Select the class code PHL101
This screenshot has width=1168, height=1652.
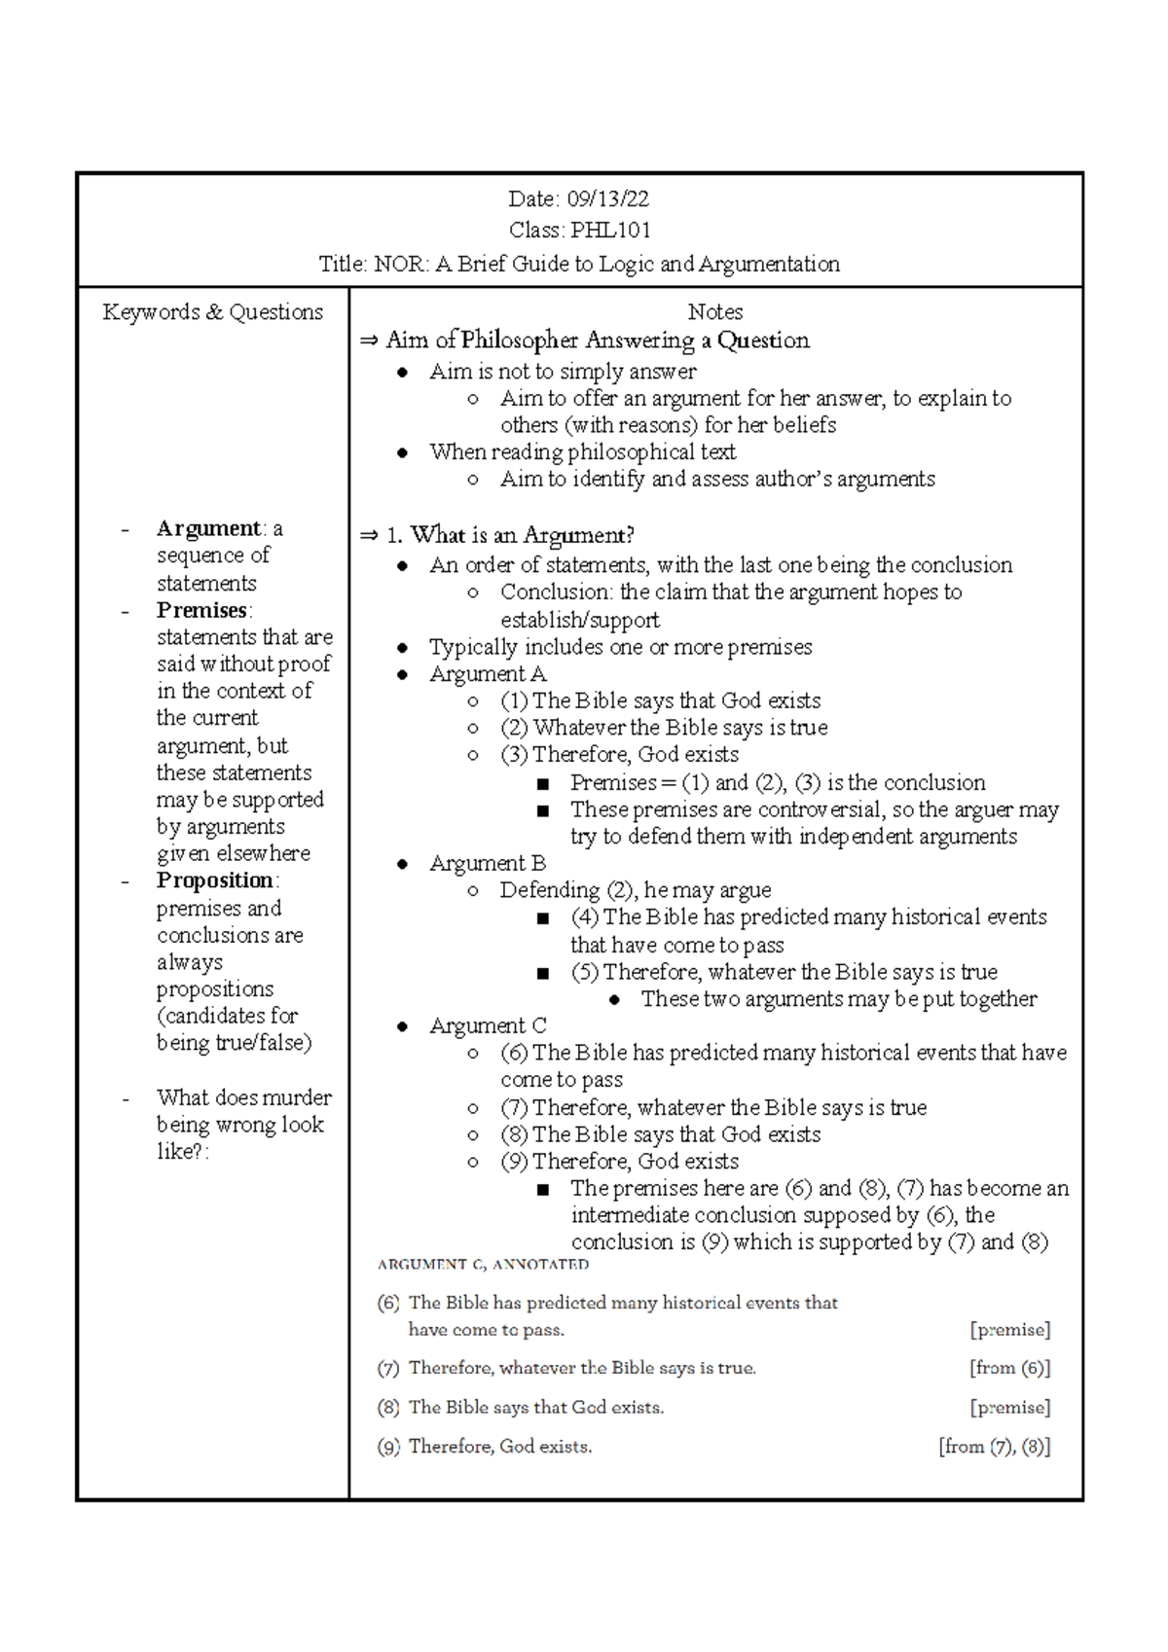click(610, 231)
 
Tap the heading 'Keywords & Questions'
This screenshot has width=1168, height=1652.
click(212, 312)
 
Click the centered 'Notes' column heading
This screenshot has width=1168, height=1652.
click(714, 312)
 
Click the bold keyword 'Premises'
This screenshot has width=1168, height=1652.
click(201, 610)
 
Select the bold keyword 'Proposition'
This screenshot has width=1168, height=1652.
click(215, 880)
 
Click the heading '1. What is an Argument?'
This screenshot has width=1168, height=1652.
click(510, 535)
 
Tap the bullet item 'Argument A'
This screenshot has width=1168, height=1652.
click(488, 674)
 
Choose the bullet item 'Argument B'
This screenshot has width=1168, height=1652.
click(488, 863)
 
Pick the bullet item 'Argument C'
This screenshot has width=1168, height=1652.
click(488, 1025)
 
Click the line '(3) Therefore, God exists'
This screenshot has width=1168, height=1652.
click(619, 755)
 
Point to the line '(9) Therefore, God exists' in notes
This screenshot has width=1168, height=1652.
click(619, 1162)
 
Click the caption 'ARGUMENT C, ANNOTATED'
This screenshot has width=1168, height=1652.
click(483, 1265)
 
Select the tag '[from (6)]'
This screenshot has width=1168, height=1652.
click(1009, 1368)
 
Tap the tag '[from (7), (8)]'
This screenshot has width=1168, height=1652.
click(994, 1447)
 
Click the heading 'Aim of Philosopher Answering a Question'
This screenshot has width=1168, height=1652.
click(597, 341)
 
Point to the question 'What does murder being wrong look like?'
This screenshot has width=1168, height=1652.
click(242, 1125)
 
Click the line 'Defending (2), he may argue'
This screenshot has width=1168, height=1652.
click(635, 890)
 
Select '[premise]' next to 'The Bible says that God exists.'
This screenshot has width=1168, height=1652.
click(1009, 1408)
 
